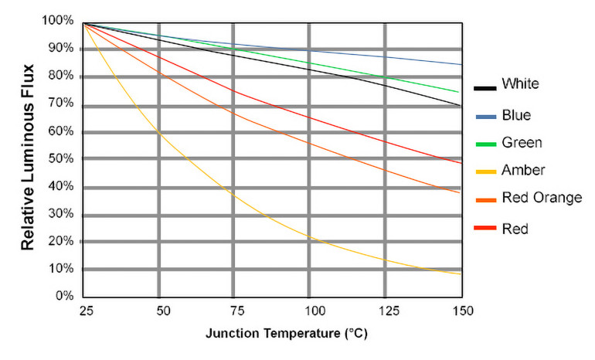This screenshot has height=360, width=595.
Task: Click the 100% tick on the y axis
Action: point(59,21)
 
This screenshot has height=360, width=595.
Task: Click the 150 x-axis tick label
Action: point(461,311)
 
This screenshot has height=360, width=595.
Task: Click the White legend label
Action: point(520,83)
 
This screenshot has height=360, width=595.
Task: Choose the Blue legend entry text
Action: point(516,115)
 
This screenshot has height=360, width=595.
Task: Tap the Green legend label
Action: point(522,143)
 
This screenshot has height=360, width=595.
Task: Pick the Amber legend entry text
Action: point(523,170)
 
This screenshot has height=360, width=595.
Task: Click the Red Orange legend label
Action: point(541,198)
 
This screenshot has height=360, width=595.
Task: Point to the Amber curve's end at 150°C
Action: point(461,273)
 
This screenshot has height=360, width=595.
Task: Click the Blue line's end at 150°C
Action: point(461,64)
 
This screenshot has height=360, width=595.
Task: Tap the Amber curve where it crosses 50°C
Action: point(158,132)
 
